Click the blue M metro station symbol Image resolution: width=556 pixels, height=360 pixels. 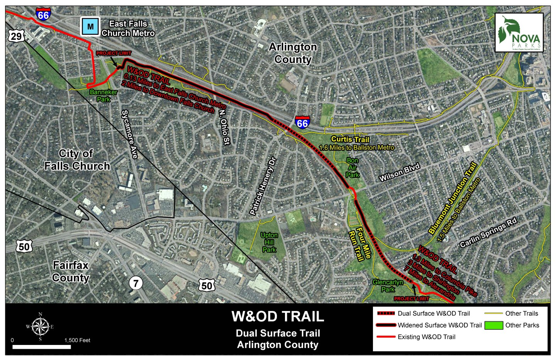click(90, 27)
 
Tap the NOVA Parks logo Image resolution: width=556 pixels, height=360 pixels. click(519, 33)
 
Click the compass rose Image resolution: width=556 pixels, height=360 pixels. click(40, 326)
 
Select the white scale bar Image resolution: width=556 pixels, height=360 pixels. click(42, 347)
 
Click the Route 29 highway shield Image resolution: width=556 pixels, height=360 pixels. click(16, 36)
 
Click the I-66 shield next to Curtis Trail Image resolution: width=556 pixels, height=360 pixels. click(302, 123)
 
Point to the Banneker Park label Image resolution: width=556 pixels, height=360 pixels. click(103, 95)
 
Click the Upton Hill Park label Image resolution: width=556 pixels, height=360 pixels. click(269, 242)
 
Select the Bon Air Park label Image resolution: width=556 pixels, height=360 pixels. click(352, 168)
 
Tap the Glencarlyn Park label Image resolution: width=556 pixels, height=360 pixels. click(388, 286)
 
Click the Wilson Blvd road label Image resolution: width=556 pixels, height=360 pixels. click(399, 172)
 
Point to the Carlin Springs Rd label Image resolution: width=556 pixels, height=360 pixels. click(488, 233)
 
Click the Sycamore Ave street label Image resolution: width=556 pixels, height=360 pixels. click(130, 134)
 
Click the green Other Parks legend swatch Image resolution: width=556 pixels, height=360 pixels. click(493, 325)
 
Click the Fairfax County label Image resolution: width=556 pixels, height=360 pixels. click(71, 272)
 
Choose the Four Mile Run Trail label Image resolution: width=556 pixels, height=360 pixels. click(359, 245)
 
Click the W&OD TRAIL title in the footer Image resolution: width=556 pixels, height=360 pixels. click(278, 316)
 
